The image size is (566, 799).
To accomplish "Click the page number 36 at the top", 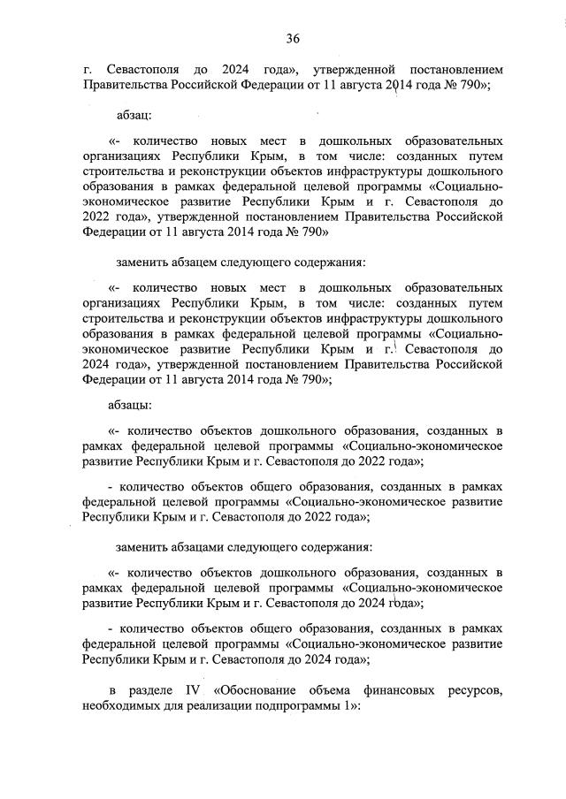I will tap(293, 38).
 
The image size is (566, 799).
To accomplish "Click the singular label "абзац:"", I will tap(135, 115).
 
